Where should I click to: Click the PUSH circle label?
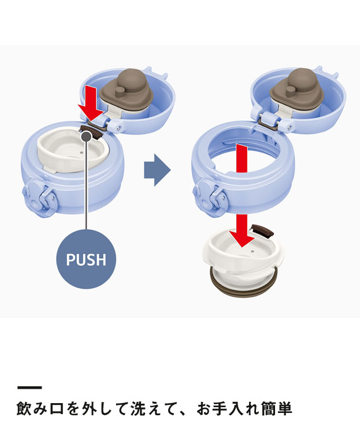click(86, 259)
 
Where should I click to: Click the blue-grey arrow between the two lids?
click(157, 170)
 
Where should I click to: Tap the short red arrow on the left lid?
click(91, 101)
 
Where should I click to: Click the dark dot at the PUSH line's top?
click(86, 135)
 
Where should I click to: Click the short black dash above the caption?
click(29, 388)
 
